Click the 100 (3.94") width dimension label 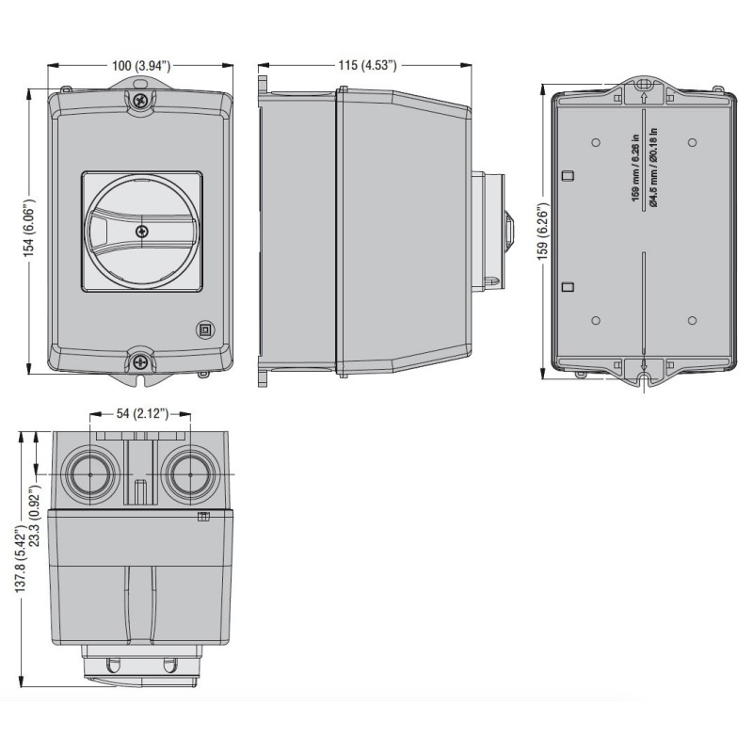pos(141,66)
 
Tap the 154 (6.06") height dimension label pos(31,230)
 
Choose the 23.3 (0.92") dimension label pos(35,516)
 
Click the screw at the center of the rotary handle pos(141,231)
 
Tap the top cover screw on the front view pos(140,100)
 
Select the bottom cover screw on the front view pos(140,360)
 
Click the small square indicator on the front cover pos(204,328)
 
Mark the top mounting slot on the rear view pos(644,94)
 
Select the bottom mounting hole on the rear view pos(644,380)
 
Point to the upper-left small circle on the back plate pos(595,142)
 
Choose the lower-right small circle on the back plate pos(692,320)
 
